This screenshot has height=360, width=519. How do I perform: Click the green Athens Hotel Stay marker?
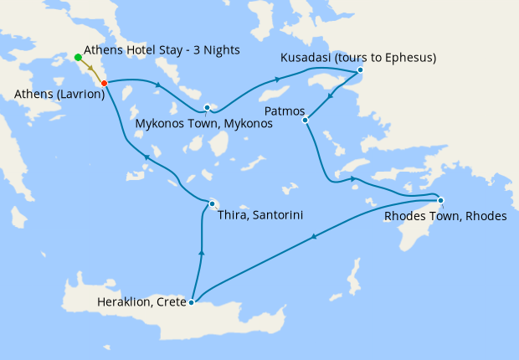click(x=78, y=57)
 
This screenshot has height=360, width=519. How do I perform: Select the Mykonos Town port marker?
click(x=207, y=107)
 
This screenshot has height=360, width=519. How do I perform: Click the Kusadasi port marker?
click(x=360, y=70)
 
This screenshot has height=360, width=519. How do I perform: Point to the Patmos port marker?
click(x=305, y=120)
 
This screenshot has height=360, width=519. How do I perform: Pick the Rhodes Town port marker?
click(x=440, y=199)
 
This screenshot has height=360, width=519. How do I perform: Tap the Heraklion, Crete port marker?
click(x=192, y=302)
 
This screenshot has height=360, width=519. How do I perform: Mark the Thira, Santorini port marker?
click(x=213, y=203)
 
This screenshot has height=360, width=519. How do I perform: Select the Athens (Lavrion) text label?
click(x=59, y=95)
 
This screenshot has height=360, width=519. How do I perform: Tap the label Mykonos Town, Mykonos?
click(x=203, y=124)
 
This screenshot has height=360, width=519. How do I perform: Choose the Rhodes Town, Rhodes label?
click(x=444, y=216)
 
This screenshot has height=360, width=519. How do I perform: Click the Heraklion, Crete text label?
click(x=142, y=301)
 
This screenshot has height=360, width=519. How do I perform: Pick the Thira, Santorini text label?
click(x=259, y=215)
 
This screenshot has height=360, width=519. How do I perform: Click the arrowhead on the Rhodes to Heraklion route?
click(x=313, y=237)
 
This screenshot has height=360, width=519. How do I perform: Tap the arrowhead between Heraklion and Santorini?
click(x=201, y=250)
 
